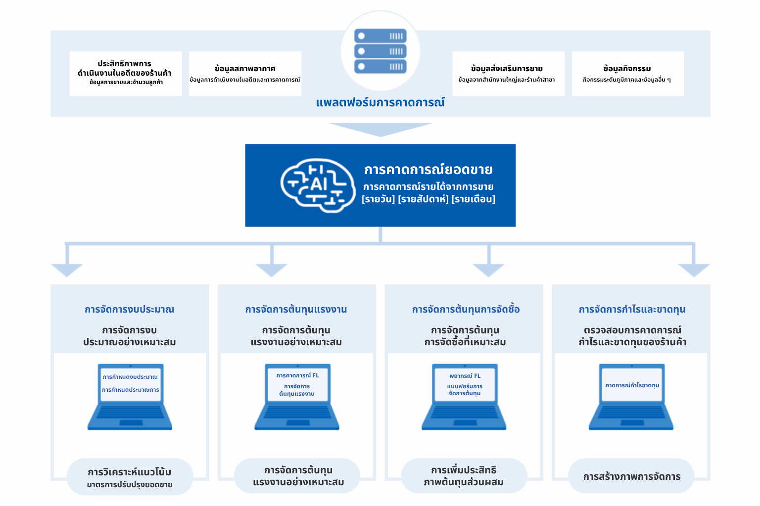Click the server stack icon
pyautogui.click(x=380, y=51)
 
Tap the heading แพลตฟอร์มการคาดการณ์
pyautogui.click(x=380, y=102)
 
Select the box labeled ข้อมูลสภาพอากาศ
pyautogui.click(x=245, y=73)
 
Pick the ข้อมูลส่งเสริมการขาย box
pyautogui.click(x=508, y=73)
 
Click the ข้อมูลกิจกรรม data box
pyautogui.click(x=627, y=73)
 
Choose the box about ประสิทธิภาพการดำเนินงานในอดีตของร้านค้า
pyautogui.click(x=126, y=73)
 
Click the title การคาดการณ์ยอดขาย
pyautogui.click(x=428, y=170)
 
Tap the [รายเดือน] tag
pyautogui.click(x=473, y=199)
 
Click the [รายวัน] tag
pyautogui.click(x=379, y=199)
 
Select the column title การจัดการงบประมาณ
pyautogui.click(x=129, y=309)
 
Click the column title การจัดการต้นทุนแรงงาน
pyautogui.click(x=296, y=309)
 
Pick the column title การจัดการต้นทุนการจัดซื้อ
pyautogui.click(x=466, y=309)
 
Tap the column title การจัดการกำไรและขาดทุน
pyautogui.click(x=632, y=309)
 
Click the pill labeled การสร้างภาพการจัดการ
pyautogui.click(x=631, y=476)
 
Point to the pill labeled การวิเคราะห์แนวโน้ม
pyautogui.click(x=130, y=477)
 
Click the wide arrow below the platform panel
pyautogui.click(x=380, y=129)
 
